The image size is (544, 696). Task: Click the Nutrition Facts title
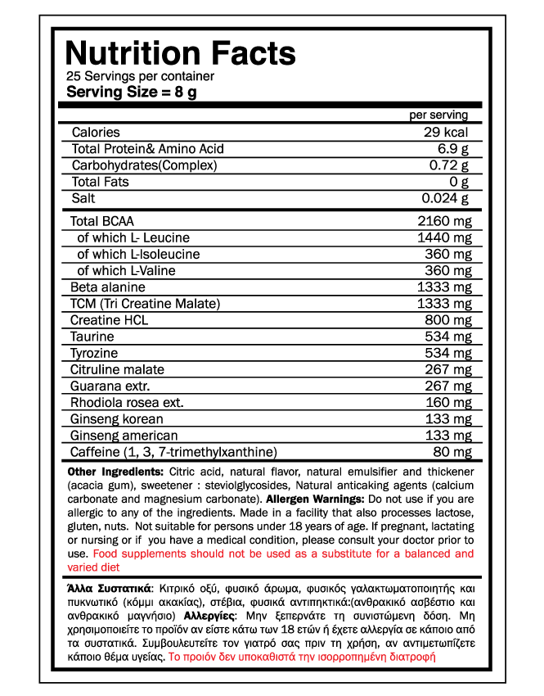[x=180, y=53]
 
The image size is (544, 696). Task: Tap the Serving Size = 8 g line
[x=132, y=92]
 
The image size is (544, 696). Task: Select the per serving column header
[x=438, y=115]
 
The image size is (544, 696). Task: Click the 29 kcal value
[x=446, y=133]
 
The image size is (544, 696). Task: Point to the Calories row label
[x=96, y=133]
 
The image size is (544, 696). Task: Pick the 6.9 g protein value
[x=453, y=149]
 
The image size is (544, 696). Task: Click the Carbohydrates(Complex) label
[x=144, y=165]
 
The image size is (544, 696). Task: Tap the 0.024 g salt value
[x=445, y=198]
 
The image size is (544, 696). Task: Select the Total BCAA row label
[x=101, y=221]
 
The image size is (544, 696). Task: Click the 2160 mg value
[x=444, y=221]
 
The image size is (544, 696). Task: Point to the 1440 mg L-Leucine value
[x=444, y=237]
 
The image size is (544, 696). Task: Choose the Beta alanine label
[x=108, y=287]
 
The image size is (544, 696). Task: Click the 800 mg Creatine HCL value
[x=448, y=320]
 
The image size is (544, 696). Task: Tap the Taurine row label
[x=92, y=337]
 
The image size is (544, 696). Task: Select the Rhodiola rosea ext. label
[x=127, y=403]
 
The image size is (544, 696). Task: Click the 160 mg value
[x=448, y=403]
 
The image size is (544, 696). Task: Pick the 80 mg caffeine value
[x=452, y=452]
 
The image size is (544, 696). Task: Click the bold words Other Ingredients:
[x=116, y=472]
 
